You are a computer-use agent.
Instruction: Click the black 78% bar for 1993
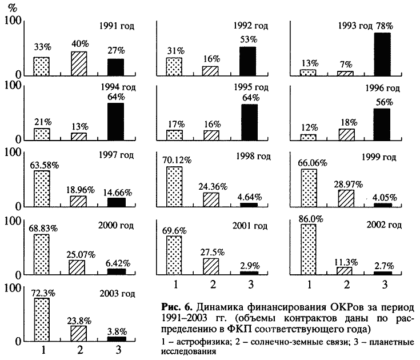tap(382, 54)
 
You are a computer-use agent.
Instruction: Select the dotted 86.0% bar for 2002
tap(307, 249)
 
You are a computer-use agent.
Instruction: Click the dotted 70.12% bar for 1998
tap(174, 186)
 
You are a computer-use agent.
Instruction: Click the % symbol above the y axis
tap(10, 7)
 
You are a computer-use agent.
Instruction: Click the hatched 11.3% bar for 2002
tap(344, 270)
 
